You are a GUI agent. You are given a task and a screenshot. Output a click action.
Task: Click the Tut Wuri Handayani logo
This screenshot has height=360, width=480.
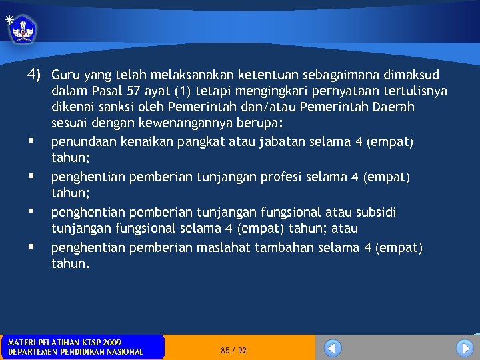point(24,29)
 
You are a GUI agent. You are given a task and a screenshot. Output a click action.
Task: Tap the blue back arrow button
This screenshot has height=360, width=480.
point(333,348)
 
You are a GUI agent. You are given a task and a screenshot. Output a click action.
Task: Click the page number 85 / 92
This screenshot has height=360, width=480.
point(233,350)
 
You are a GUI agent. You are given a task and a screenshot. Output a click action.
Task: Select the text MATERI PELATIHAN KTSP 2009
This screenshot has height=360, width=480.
point(65,342)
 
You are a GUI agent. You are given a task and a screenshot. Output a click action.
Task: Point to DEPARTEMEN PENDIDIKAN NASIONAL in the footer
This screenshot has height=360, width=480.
point(75,352)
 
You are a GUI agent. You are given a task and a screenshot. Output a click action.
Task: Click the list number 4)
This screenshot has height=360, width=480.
point(35,74)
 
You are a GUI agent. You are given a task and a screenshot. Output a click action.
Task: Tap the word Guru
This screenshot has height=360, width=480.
point(65,75)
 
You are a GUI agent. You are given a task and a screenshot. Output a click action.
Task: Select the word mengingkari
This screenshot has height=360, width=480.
point(263,91)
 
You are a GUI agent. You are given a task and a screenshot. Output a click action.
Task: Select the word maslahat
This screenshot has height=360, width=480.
point(220,248)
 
